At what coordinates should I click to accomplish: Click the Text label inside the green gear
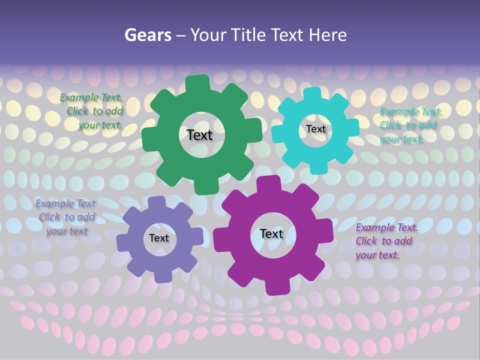coord(199,135)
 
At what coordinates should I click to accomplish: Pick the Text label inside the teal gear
coord(316,129)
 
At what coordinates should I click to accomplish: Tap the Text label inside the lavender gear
coord(159,238)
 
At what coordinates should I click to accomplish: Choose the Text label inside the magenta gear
coord(271,233)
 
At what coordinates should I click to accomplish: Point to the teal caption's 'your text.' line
coord(401,139)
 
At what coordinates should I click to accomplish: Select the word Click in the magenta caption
coord(366,241)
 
